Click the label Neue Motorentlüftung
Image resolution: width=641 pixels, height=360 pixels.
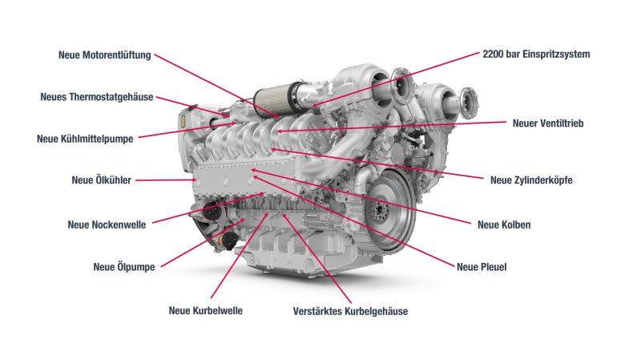coord(104,55)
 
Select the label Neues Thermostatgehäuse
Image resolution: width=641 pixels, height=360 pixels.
coord(96,97)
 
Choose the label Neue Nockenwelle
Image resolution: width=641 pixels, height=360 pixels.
coord(107,224)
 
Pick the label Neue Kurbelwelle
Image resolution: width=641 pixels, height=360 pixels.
coord(205,310)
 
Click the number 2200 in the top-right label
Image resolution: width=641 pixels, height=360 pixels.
coord(495,55)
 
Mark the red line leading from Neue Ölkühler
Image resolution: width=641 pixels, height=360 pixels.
coord(164,180)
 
